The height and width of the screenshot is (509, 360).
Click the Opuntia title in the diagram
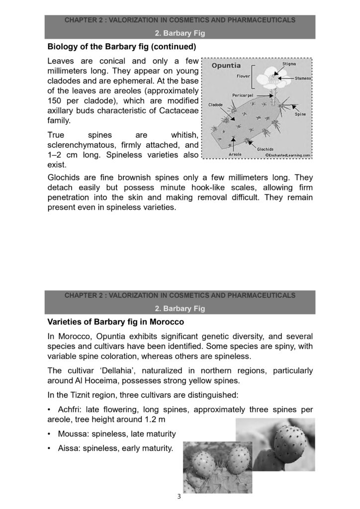coord(226,66)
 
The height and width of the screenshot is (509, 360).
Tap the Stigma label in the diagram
coord(290,64)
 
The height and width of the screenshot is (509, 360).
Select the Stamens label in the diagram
coord(303,78)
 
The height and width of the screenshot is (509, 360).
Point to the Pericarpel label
coord(244,94)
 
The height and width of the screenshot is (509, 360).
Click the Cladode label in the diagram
coord(215,104)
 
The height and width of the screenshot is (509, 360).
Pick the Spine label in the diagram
coord(300,114)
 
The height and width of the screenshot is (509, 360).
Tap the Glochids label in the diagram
coord(266,149)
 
